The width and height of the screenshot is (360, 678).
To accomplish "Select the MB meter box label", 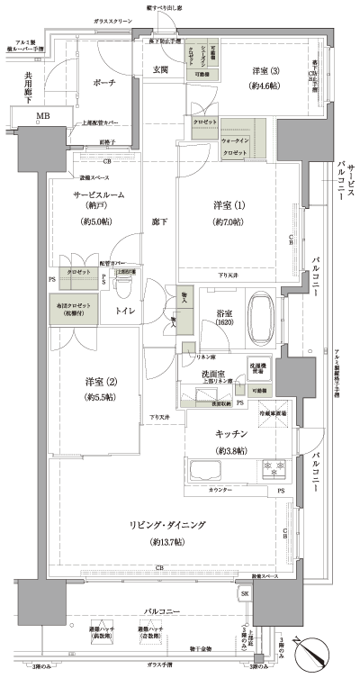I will point(42,116).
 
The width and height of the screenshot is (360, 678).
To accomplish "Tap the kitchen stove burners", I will point(273,469).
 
